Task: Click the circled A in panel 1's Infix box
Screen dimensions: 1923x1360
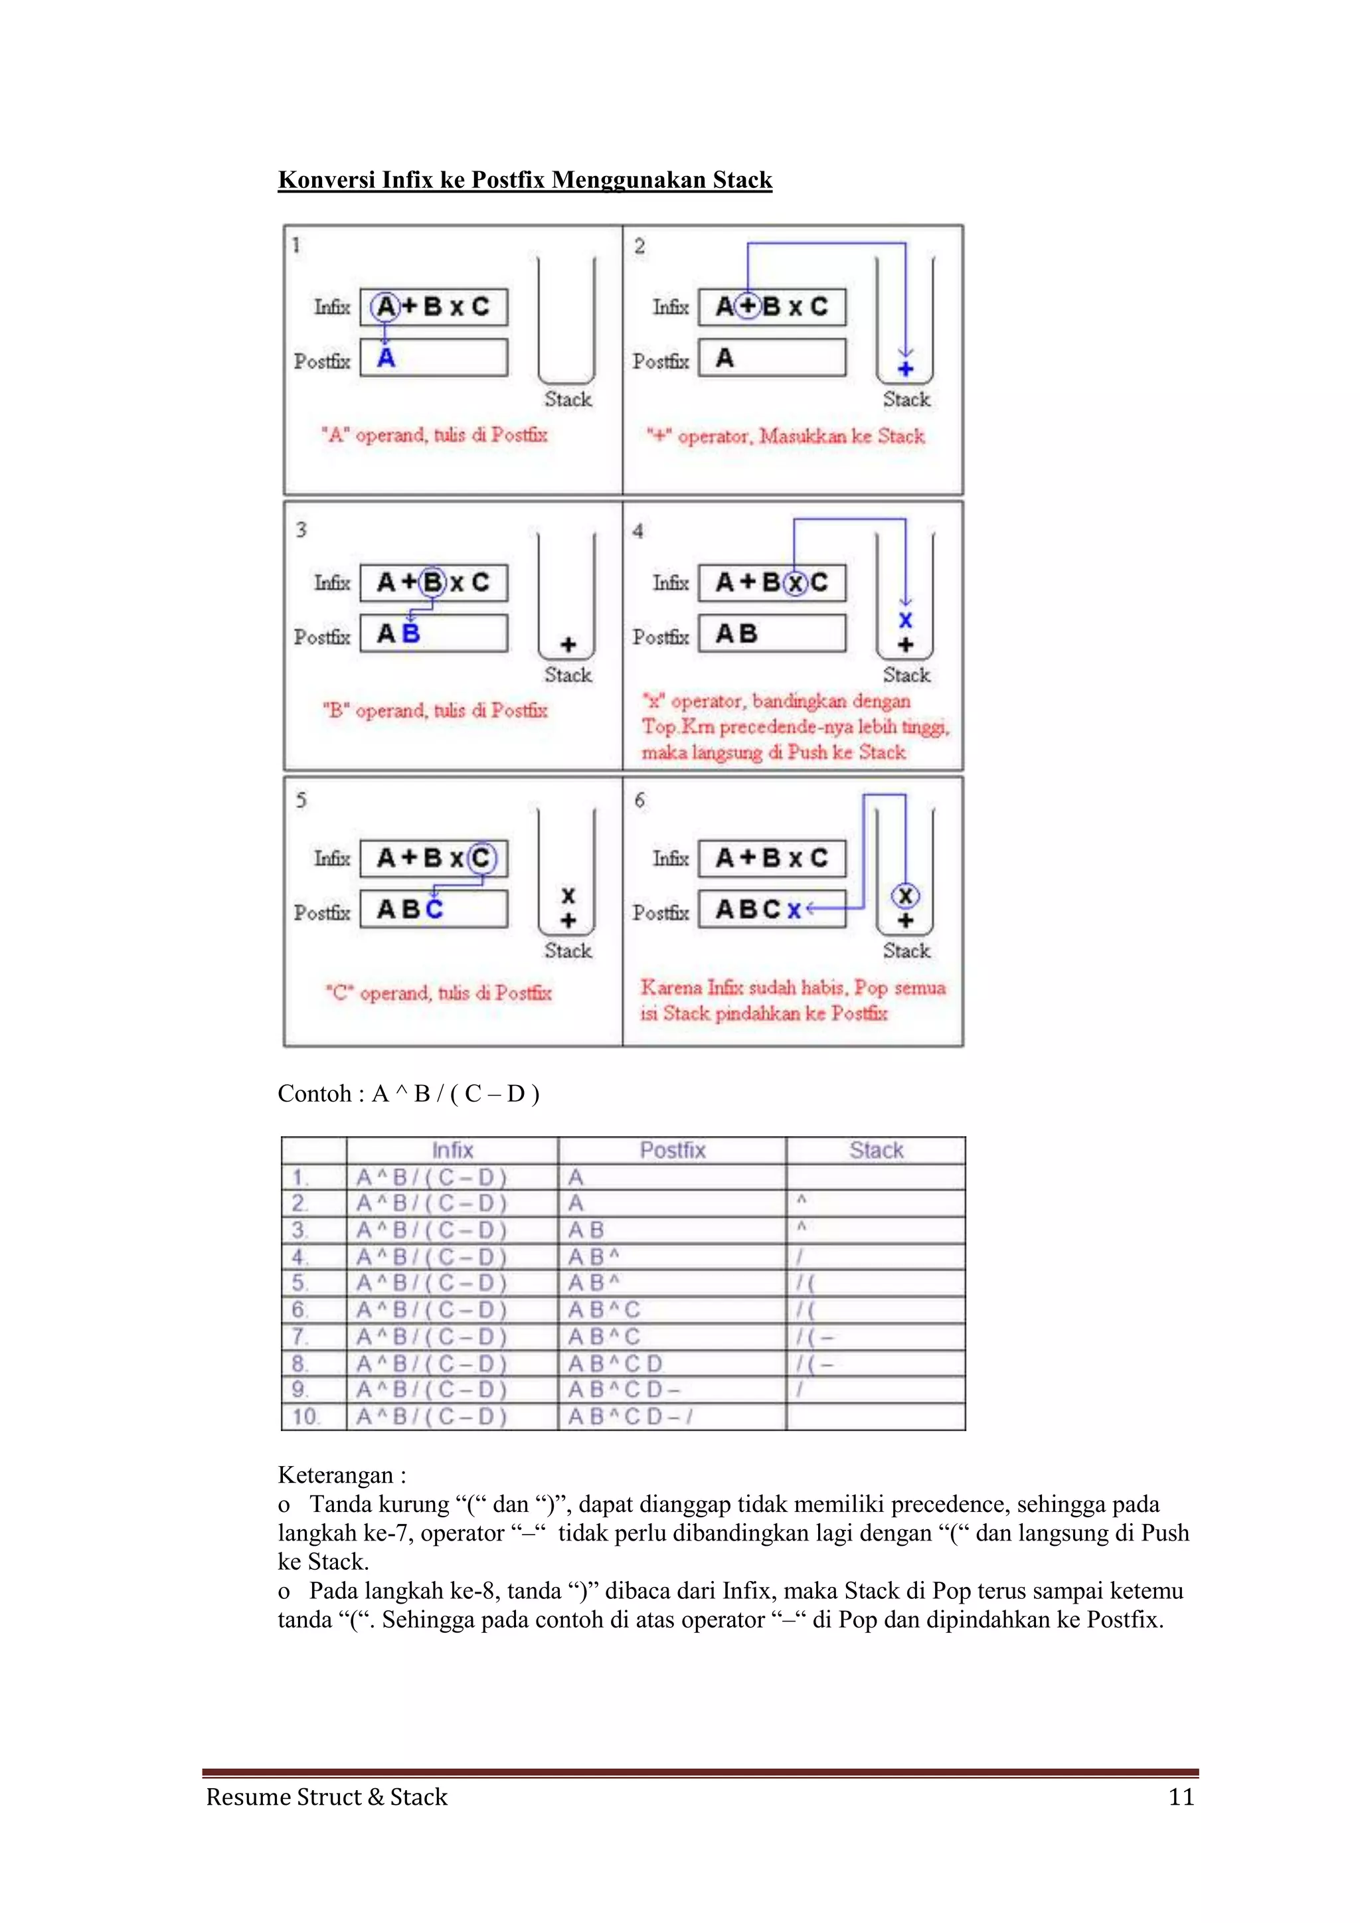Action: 385,307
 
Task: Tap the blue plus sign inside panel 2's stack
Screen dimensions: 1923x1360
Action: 905,369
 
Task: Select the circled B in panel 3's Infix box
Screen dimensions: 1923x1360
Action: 433,582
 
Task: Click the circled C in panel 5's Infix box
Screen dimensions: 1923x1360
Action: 481,858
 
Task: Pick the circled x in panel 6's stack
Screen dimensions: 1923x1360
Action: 905,895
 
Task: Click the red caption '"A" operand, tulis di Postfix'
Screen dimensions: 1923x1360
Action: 435,435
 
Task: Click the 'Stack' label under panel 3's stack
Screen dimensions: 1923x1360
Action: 568,675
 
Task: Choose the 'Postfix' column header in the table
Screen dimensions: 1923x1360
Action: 673,1150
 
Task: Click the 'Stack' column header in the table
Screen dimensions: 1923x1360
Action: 876,1150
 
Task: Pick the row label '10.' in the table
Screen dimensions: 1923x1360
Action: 305,1417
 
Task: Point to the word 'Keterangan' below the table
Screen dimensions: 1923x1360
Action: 335,1475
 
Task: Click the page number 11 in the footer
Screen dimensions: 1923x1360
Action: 1181,1798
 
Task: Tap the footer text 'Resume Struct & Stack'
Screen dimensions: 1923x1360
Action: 327,1798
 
